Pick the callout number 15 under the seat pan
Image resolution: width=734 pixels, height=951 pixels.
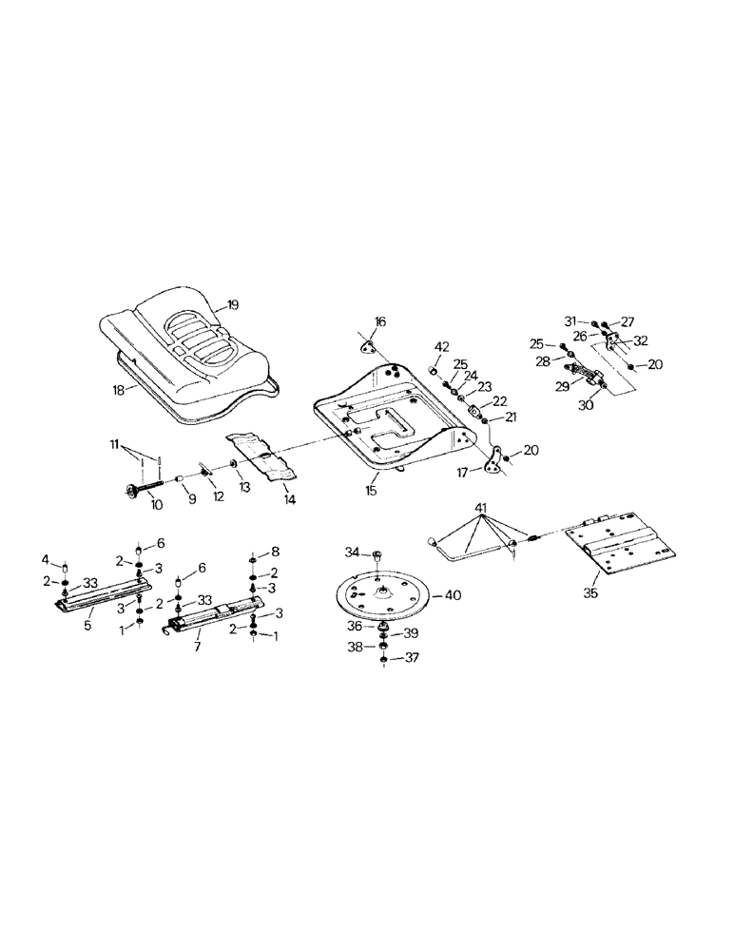(x=373, y=492)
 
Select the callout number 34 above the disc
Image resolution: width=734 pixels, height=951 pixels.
(x=351, y=552)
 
